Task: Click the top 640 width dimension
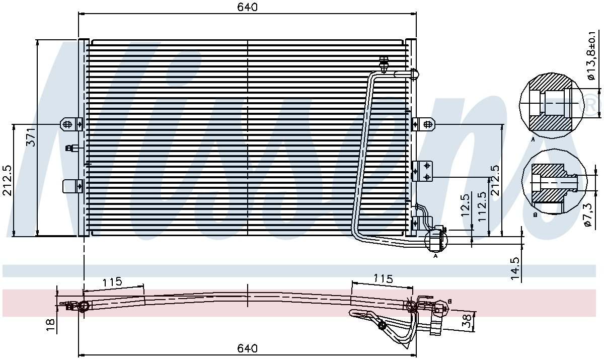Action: [248, 8]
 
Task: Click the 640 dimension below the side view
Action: [248, 348]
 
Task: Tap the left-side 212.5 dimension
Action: [7, 180]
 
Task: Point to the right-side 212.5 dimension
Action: [495, 180]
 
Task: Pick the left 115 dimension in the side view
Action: [112, 282]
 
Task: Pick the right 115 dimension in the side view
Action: [383, 278]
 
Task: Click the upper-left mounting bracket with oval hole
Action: [71, 123]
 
